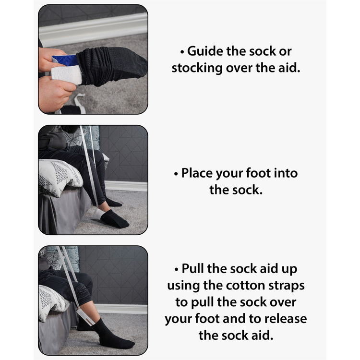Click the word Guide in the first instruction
click(205, 51)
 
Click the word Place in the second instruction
click(197, 173)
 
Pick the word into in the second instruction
click(286, 173)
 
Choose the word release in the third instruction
click(286, 319)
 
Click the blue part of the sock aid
click(65, 60)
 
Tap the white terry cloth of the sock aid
click(67, 74)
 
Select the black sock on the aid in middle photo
click(114, 219)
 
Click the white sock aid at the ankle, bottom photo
click(85, 317)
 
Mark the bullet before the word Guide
click(182, 52)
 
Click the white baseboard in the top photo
click(93, 30)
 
